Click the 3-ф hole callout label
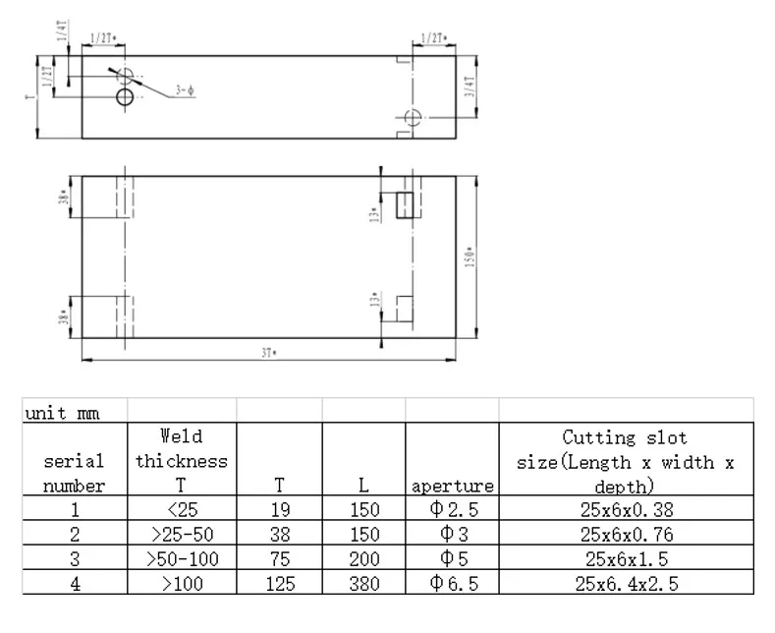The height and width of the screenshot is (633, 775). (186, 91)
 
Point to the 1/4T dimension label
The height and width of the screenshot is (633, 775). (61, 29)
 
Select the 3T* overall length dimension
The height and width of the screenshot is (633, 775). (267, 353)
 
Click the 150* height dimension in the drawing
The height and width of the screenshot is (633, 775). (470, 258)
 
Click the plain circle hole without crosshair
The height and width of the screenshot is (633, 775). (125, 96)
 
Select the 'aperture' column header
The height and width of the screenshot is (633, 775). (452, 486)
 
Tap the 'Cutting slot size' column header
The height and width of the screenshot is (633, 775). (625, 461)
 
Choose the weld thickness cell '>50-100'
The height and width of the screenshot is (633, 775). (182, 560)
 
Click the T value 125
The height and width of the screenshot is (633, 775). (280, 584)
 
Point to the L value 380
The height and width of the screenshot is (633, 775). (364, 584)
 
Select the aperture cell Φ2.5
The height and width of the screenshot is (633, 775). (452, 511)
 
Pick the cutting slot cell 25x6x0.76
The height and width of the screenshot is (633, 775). (625, 536)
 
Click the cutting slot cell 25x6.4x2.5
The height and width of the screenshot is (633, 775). (625, 584)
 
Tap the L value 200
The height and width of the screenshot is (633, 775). (364, 560)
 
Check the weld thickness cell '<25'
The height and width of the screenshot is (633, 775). (182, 511)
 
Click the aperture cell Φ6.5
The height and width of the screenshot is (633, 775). (452, 584)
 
